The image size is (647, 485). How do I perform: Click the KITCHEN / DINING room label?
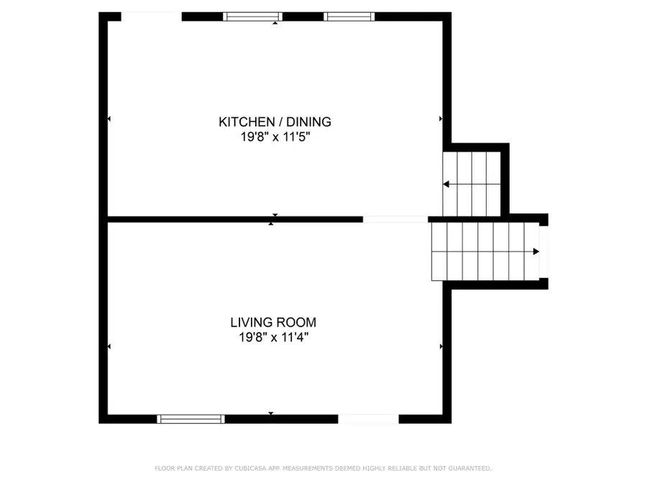pos(275,122)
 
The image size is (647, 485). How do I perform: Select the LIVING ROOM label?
pos(273,323)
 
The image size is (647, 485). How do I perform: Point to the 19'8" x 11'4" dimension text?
pos(273,336)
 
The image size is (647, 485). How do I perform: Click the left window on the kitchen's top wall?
pos(252,17)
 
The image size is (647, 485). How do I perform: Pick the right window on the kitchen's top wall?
pos(349,17)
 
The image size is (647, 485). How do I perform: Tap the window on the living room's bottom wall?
pos(191,419)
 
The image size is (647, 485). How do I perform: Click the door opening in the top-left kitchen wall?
pos(151,17)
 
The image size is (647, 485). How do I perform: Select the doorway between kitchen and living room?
pos(395,218)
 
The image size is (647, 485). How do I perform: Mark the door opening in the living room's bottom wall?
pos(368,419)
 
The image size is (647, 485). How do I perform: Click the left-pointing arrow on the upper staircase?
pos(446,185)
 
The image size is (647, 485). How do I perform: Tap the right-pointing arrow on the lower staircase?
pos(536,251)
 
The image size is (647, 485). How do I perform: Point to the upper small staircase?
pos(472,183)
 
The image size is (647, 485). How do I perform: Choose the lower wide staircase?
pos(485,251)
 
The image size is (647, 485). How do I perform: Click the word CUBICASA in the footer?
pos(249,468)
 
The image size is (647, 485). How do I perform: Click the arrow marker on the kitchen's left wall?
pos(109,119)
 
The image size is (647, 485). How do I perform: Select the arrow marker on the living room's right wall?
pos(441,347)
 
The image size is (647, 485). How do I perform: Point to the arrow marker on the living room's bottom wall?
pos(271,413)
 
